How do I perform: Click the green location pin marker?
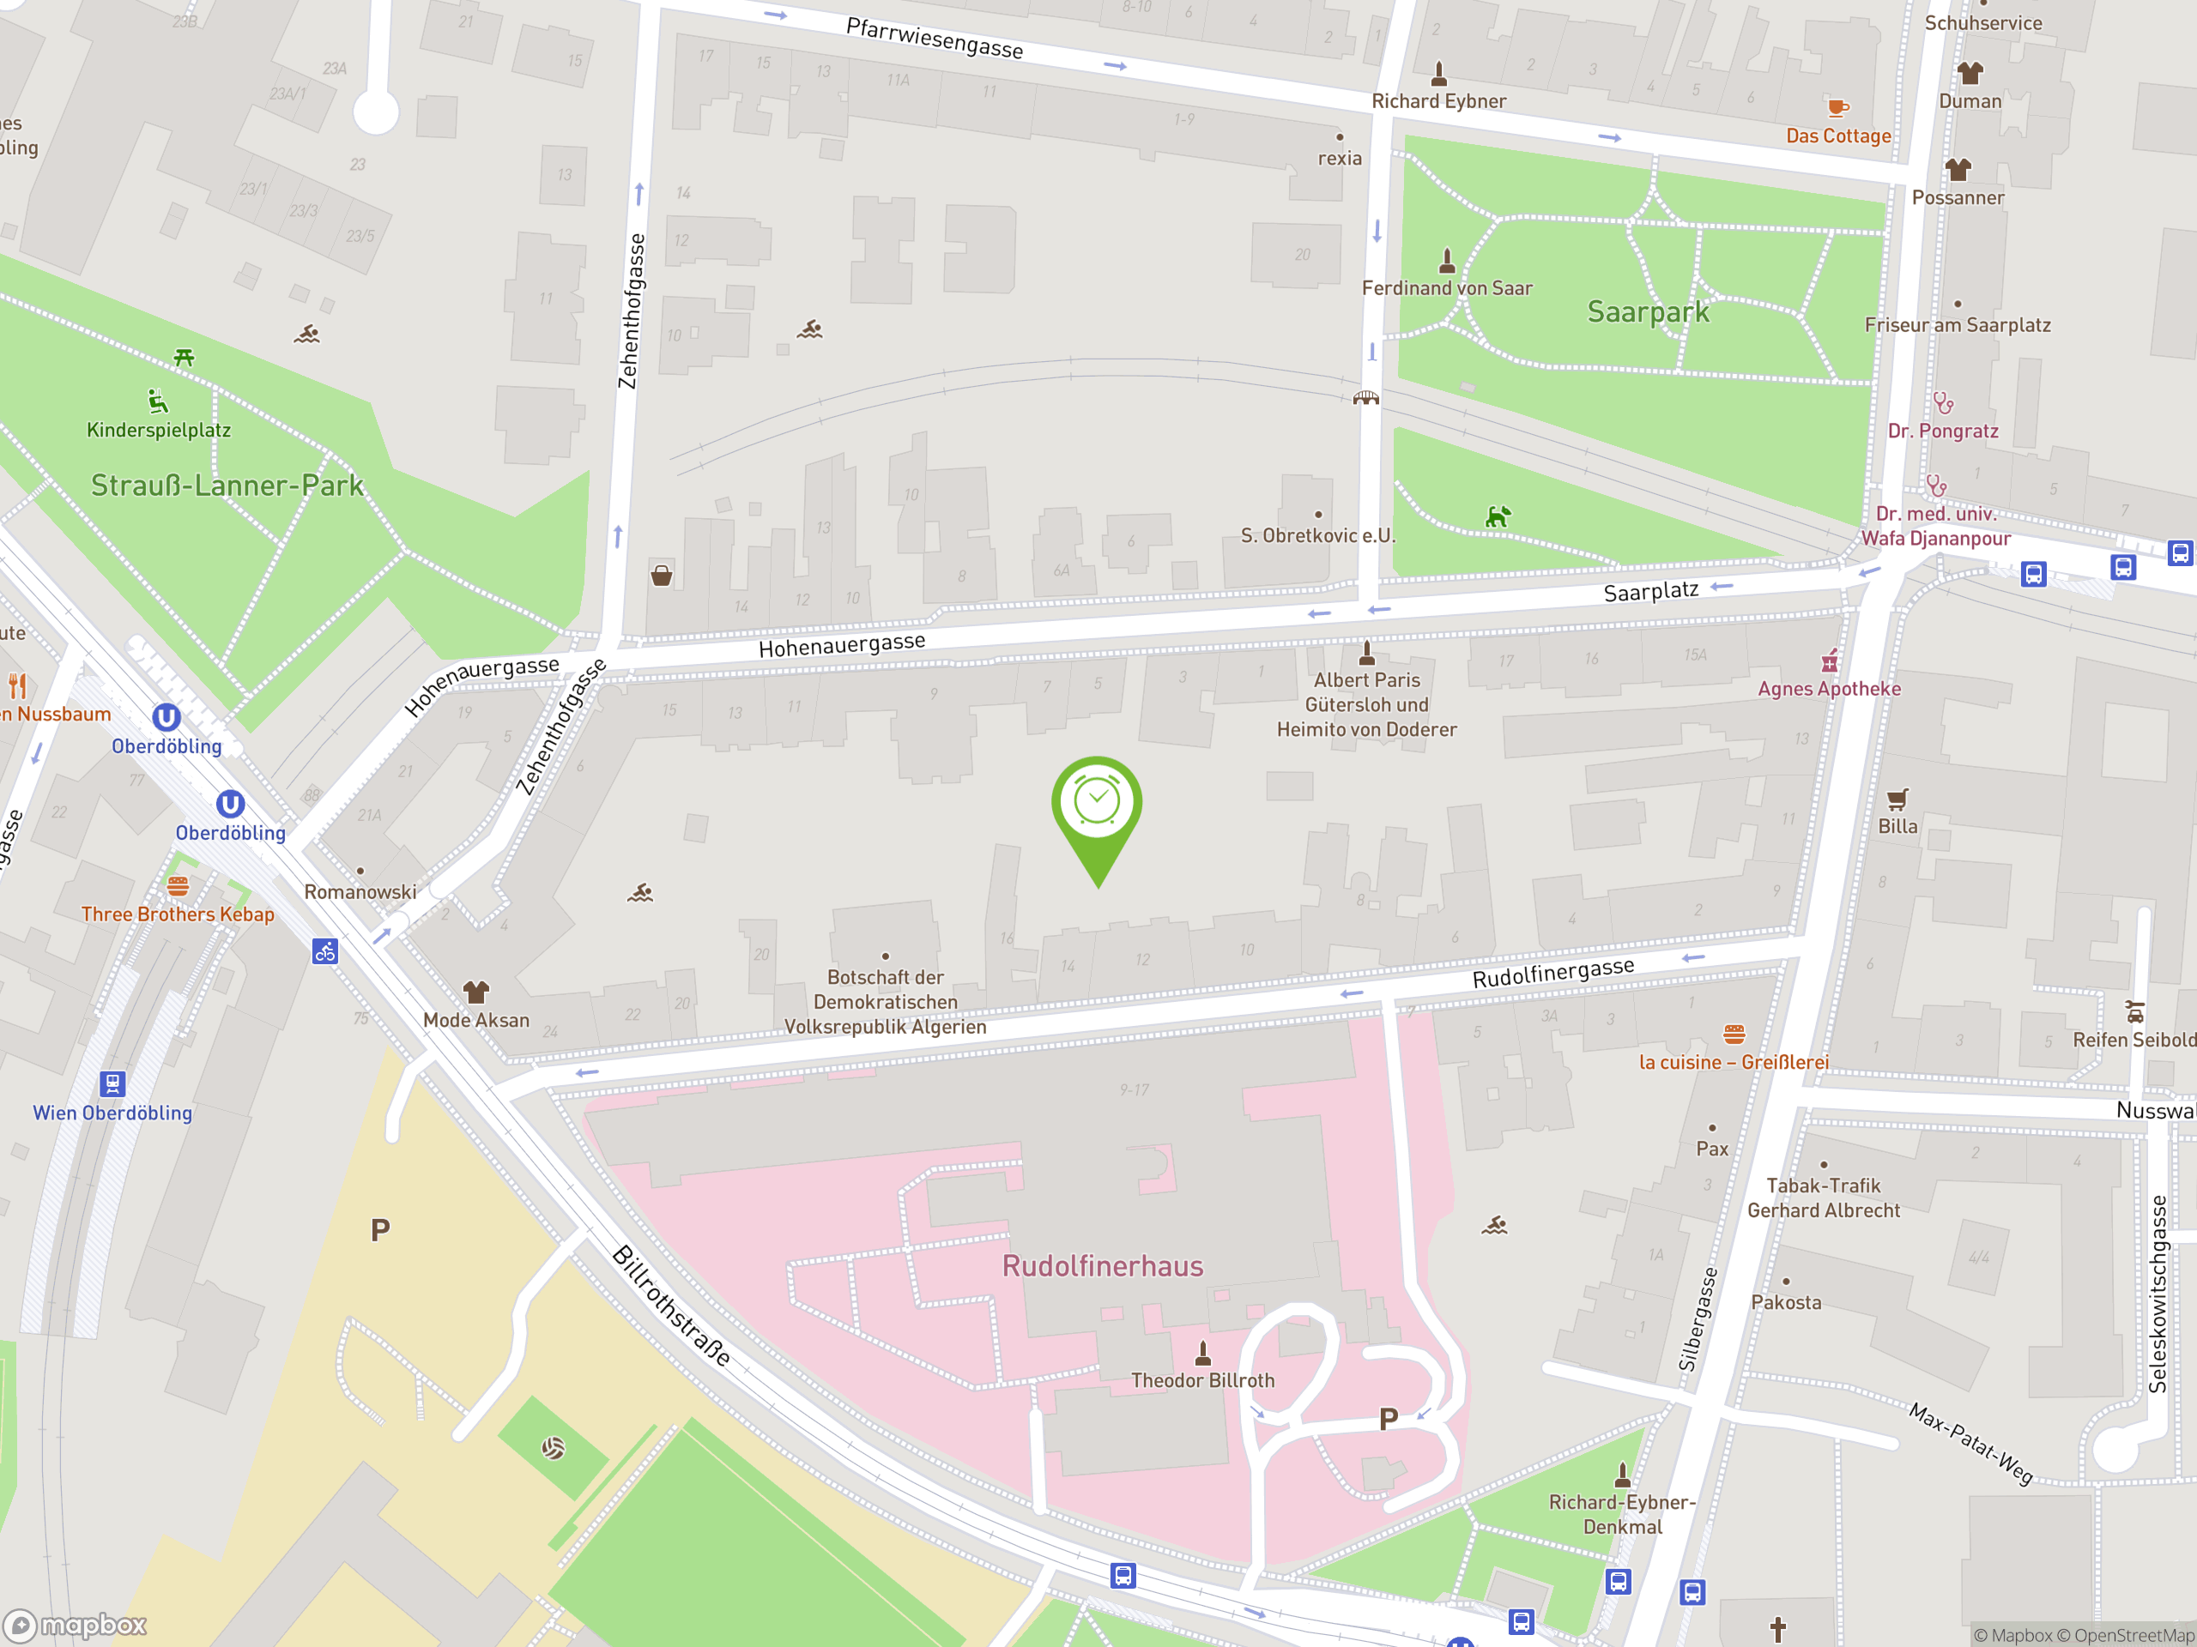[x=1097, y=809]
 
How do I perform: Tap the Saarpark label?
[x=1648, y=311]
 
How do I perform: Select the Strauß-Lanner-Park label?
[x=227, y=486]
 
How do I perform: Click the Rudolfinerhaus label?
[x=1103, y=1266]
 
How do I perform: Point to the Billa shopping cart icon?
[x=1897, y=799]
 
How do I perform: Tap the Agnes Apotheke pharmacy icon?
[x=1830, y=661]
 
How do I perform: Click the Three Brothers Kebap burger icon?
[x=178, y=885]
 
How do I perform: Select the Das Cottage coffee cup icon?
[x=1837, y=107]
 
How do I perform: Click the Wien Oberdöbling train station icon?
[x=113, y=1083]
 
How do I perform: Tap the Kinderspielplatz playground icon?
[x=157, y=402]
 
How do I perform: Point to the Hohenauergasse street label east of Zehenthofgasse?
[x=841, y=645]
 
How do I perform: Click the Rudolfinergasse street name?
[x=1552, y=973]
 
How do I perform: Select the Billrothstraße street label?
[x=671, y=1305]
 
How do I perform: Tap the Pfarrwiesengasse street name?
[x=934, y=39]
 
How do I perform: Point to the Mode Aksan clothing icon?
[x=475, y=992]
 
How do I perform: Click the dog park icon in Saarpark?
[x=1497, y=516]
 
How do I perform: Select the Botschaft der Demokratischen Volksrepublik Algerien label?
[x=885, y=1002]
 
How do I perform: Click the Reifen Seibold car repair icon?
[x=2133, y=1012]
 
